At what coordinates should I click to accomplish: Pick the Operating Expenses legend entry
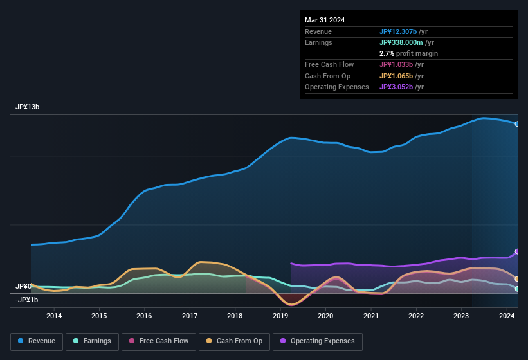click(x=318, y=341)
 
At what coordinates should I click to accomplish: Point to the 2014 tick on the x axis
click(x=54, y=316)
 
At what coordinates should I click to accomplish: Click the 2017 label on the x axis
click(x=190, y=316)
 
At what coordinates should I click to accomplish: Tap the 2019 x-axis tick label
click(x=280, y=316)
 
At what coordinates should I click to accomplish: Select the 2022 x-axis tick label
click(x=416, y=316)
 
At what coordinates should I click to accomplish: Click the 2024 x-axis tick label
click(x=507, y=316)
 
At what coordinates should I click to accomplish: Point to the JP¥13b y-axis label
click(x=28, y=107)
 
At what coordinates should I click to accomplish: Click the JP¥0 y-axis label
click(x=24, y=286)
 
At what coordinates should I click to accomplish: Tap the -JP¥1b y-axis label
click(x=27, y=300)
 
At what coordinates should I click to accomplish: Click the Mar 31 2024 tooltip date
click(x=325, y=20)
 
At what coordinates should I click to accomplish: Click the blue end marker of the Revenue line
click(x=517, y=124)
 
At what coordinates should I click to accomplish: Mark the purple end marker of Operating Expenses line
click(x=517, y=251)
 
